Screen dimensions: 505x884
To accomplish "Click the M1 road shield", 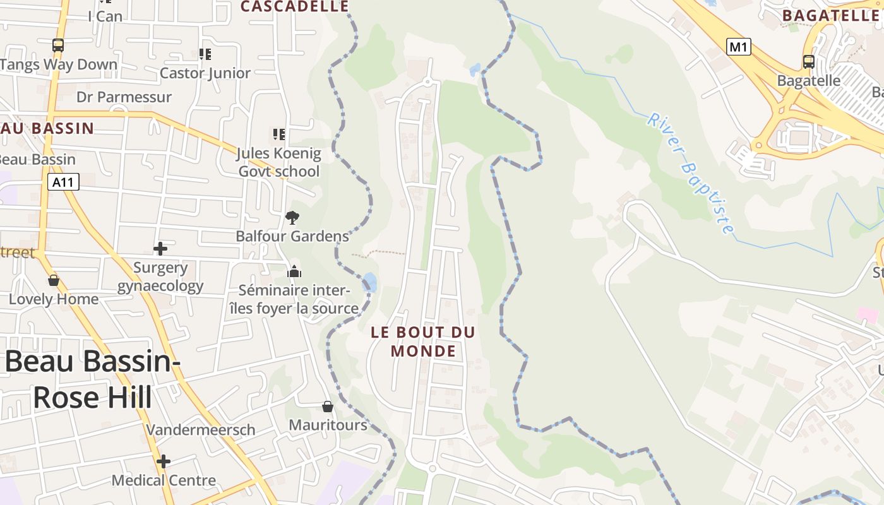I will pyautogui.click(x=738, y=46).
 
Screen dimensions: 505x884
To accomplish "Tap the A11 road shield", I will pyautogui.click(x=64, y=182).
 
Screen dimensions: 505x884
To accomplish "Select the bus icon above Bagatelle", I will pyautogui.click(x=808, y=62).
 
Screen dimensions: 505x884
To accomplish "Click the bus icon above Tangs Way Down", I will pyautogui.click(x=58, y=45).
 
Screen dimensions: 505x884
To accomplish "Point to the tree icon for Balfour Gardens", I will pyautogui.click(x=292, y=218).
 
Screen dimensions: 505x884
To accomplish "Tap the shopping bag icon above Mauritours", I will pyautogui.click(x=327, y=406).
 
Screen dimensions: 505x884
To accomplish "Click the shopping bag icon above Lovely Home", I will pyautogui.click(x=54, y=280).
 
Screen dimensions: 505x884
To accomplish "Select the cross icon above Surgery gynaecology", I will pyautogui.click(x=160, y=248).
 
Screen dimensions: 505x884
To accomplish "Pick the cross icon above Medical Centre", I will pyautogui.click(x=164, y=461).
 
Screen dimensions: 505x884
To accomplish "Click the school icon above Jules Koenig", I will pyautogui.click(x=278, y=134).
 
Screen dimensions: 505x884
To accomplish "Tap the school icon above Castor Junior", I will pyautogui.click(x=205, y=54).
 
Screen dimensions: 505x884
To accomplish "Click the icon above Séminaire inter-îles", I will pyautogui.click(x=294, y=272).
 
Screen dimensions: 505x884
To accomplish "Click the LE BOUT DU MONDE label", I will pyautogui.click(x=423, y=342).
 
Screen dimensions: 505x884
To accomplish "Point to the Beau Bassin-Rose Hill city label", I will pyautogui.click(x=93, y=379).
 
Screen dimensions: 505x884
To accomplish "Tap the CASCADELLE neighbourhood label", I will pyautogui.click(x=295, y=7).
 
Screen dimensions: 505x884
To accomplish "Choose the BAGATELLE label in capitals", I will pyautogui.click(x=830, y=16).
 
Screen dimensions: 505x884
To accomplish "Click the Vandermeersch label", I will pyautogui.click(x=201, y=430).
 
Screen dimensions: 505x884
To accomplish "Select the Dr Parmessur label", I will pyautogui.click(x=124, y=97).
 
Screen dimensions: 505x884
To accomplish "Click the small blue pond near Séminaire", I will pyautogui.click(x=370, y=282).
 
